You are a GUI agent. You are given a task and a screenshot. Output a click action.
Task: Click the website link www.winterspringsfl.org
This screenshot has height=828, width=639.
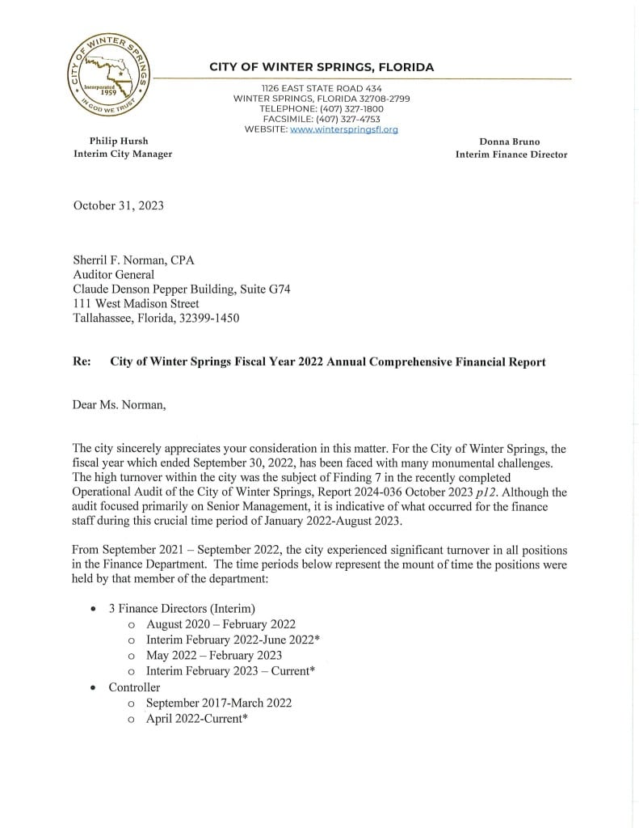point(343,129)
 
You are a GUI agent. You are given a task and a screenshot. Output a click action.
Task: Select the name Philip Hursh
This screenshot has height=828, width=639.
point(119,142)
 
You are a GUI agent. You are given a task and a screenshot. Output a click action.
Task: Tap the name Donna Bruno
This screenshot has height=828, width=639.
point(509,142)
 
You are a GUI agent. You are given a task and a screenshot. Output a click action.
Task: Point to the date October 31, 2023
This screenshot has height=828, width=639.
point(119,205)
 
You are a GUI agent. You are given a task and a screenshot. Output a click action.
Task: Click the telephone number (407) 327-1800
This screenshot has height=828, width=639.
point(355,108)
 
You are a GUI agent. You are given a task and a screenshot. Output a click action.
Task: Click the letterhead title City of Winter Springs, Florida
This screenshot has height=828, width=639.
point(322,67)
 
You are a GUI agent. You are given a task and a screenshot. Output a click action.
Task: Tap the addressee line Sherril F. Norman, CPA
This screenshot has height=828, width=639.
point(134,260)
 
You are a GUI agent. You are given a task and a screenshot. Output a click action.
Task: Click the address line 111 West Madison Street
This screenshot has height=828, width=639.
point(136,304)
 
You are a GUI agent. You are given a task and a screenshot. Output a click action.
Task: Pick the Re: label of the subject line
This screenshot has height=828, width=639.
point(82,361)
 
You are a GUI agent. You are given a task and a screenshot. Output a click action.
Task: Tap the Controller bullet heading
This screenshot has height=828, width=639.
point(134,687)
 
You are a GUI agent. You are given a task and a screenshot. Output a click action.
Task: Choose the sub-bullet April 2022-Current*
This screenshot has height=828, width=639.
point(196,719)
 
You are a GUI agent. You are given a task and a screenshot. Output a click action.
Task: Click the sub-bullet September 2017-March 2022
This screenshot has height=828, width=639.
point(219,703)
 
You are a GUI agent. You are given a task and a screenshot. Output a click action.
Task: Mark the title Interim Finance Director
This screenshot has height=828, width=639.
point(511,154)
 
